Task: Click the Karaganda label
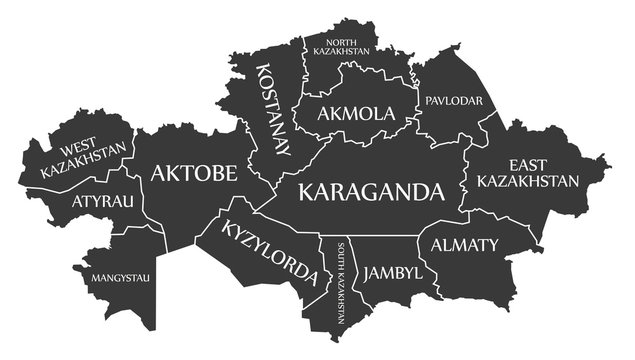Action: tap(371, 191)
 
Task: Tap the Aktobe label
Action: tap(194, 173)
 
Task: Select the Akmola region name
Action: tap(356, 113)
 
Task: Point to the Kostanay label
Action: tap(272, 110)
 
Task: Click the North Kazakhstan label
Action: tap(341, 45)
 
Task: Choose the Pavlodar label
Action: tap(454, 101)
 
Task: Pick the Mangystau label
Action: tap(121, 277)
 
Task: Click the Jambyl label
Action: tap(392, 272)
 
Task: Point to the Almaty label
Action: tap(463, 245)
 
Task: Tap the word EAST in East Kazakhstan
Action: tap(528, 164)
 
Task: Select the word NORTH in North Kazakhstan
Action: tap(341, 40)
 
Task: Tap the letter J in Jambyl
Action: tap(368, 273)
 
